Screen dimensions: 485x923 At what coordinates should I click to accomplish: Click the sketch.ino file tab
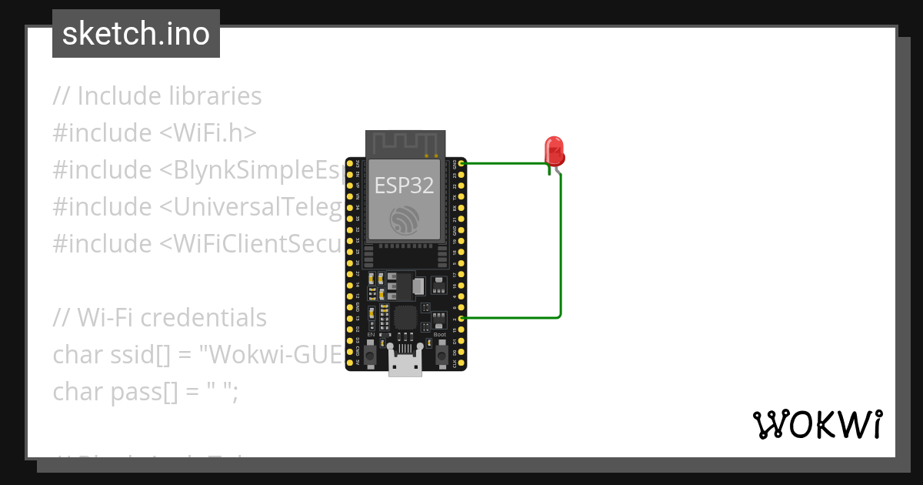click(x=136, y=34)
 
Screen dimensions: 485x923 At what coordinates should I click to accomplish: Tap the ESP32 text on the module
click(x=404, y=185)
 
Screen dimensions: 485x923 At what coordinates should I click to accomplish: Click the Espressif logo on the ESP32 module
click(x=405, y=220)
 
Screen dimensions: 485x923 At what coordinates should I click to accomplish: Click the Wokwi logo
click(x=817, y=424)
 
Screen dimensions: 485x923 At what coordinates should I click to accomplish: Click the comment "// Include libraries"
click(x=158, y=96)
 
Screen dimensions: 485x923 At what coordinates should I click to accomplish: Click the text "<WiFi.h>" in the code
click(x=208, y=133)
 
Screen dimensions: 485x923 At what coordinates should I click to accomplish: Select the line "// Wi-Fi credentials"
click(x=160, y=317)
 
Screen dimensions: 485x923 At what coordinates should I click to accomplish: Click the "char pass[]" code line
click(x=146, y=391)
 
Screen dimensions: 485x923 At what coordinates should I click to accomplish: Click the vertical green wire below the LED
click(x=561, y=246)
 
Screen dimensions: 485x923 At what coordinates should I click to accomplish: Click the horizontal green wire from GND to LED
click(x=504, y=163)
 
